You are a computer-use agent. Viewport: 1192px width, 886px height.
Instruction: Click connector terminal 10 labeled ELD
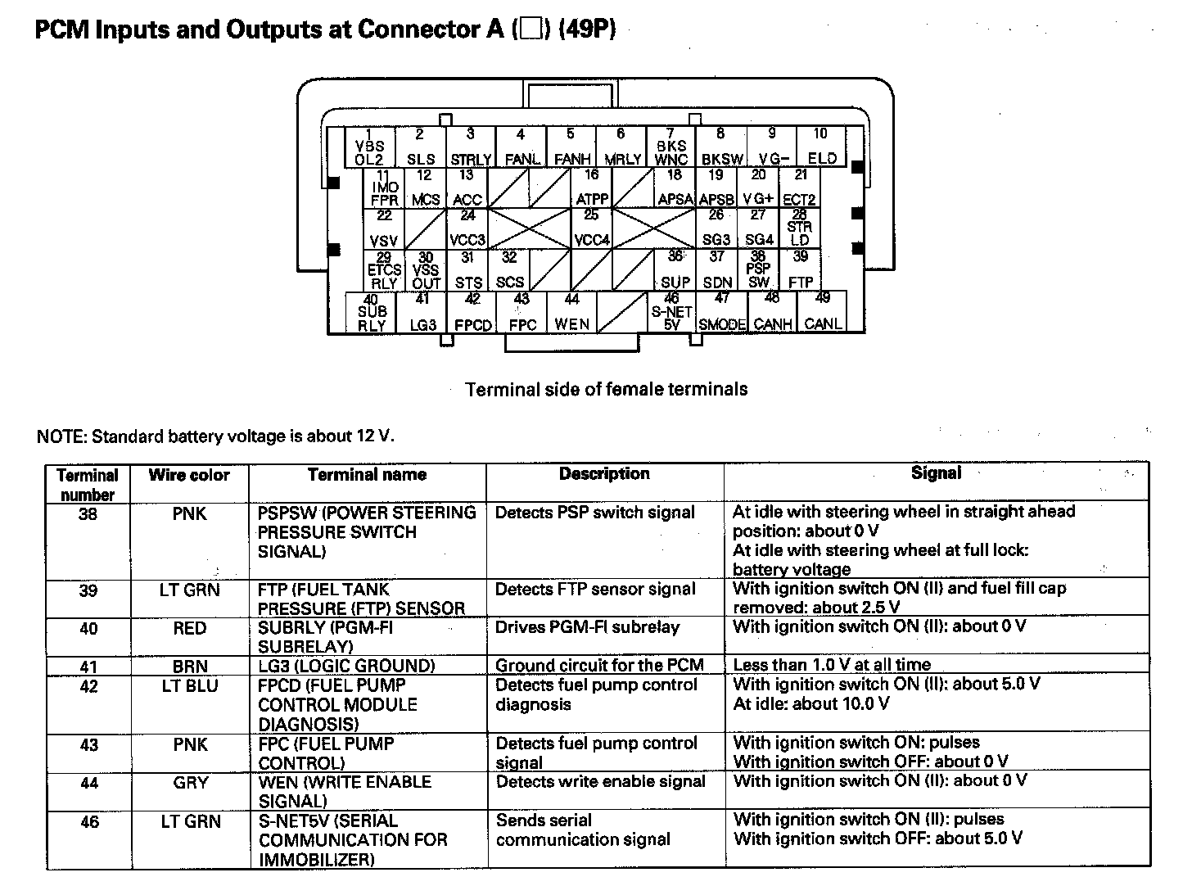coord(821,147)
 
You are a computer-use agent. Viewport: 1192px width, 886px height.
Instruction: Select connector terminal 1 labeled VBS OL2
coord(370,147)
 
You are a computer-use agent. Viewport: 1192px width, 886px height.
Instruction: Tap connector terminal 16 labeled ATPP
coord(591,188)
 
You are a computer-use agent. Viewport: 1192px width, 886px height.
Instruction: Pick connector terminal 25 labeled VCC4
coord(591,228)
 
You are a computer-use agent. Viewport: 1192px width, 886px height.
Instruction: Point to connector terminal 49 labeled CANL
coord(823,313)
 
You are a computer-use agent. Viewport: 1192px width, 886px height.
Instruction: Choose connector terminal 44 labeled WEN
coord(571,313)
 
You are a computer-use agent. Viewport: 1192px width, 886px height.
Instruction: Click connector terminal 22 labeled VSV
coord(384,228)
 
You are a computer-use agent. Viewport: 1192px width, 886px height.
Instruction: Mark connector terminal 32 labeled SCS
coord(509,270)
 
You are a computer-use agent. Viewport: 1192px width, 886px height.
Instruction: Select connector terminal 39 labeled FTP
coord(801,270)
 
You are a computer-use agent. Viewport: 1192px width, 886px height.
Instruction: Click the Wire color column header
coord(189,475)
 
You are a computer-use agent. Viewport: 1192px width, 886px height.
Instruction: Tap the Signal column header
coord(936,473)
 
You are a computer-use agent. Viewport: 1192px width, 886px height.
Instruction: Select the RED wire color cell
coord(189,628)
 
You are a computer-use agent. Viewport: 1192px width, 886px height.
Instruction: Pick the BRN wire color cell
coord(189,666)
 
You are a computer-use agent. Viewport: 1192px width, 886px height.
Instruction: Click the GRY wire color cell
coord(190,783)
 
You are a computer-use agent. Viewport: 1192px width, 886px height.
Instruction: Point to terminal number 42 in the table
coord(88,686)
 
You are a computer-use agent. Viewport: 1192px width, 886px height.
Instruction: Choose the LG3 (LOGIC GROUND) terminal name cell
coord(346,666)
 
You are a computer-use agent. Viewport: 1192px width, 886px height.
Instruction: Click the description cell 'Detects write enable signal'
coord(600,782)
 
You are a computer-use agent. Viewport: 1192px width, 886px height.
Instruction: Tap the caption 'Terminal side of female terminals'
coord(606,390)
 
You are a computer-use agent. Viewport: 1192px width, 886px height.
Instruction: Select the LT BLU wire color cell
coord(189,686)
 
